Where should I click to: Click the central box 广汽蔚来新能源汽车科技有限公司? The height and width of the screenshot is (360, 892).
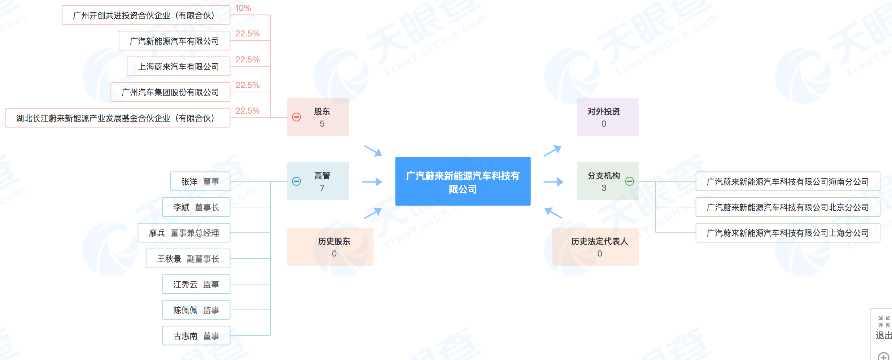pyautogui.click(x=463, y=181)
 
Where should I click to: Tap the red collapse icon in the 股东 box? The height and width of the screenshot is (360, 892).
pyautogui.click(x=296, y=117)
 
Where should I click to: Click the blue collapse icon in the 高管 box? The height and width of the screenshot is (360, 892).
pyautogui.click(x=296, y=181)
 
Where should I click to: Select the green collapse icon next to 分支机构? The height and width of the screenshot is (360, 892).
pyautogui.click(x=629, y=181)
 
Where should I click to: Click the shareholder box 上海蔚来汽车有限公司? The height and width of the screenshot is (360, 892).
pyautogui.click(x=179, y=66)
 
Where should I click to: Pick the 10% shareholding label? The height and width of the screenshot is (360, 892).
pyautogui.click(x=243, y=8)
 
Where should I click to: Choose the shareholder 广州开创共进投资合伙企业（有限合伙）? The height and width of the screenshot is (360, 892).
pyautogui.click(x=146, y=15)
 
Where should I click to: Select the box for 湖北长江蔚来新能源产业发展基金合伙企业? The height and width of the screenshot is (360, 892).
pyautogui.click(x=117, y=118)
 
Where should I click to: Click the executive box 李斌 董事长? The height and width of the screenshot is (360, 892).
pyautogui.click(x=196, y=207)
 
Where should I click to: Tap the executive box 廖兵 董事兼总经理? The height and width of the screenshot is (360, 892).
pyautogui.click(x=184, y=233)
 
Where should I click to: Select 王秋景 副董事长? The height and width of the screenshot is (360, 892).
pyautogui.click(x=188, y=259)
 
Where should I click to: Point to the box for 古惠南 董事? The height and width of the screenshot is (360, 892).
pyautogui.click(x=196, y=336)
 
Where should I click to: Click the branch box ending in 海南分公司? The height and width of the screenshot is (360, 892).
pyautogui.click(x=787, y=181)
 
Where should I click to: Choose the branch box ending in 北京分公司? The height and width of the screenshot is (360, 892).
pyautogui.click(x=787, y=207)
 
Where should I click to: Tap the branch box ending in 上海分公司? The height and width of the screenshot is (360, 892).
pyautogui.click(x=787, y=233)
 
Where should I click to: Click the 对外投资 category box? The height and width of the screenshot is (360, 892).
pyautogui.click(x=608, y=117)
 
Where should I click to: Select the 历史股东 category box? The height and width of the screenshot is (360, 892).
pyautogui.click(x=330, y=247)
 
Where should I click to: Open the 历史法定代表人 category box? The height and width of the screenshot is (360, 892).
pyautogui.click(x=595, y=247)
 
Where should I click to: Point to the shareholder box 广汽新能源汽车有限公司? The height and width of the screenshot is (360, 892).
pyautogui.click(x=174, y=41)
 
